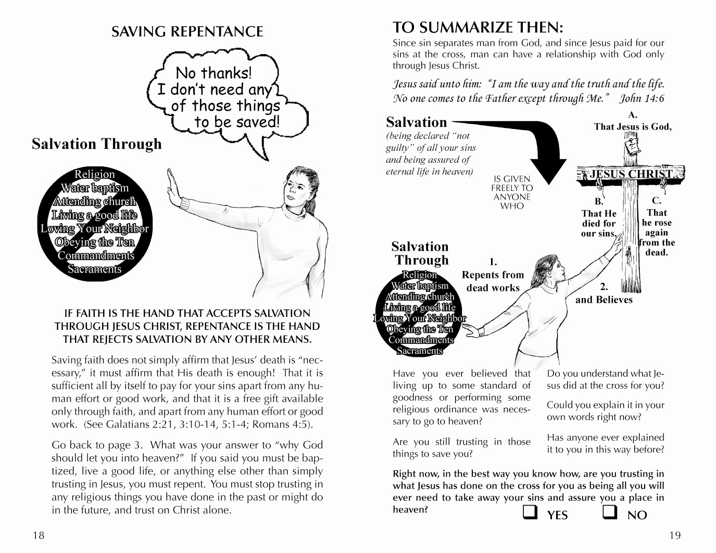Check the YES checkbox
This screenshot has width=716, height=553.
click(530, 512)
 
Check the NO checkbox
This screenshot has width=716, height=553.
click(610, 512)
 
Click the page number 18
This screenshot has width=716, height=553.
click(39, 535)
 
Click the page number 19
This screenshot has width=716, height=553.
click(675, 535)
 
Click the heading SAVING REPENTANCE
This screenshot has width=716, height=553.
click(187, 32)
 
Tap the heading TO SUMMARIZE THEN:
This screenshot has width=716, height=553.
click(478, 28)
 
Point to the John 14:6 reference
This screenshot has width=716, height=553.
click(642, 98)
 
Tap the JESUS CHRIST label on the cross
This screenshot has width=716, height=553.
click(631, 174)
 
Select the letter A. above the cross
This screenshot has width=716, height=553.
click(633, 115)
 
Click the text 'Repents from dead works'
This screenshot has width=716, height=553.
click(493, 281)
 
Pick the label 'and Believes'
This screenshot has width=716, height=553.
click(604, 300)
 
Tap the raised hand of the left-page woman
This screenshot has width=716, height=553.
click(173, 188)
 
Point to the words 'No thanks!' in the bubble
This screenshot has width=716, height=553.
click(213, 73)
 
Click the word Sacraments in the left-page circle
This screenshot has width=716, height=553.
click(95, 269)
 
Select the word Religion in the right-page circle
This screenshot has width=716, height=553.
click(420, 275)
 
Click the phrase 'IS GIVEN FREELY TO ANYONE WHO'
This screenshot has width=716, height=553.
click(512, 192)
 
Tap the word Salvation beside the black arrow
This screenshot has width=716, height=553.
click(417, 122)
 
